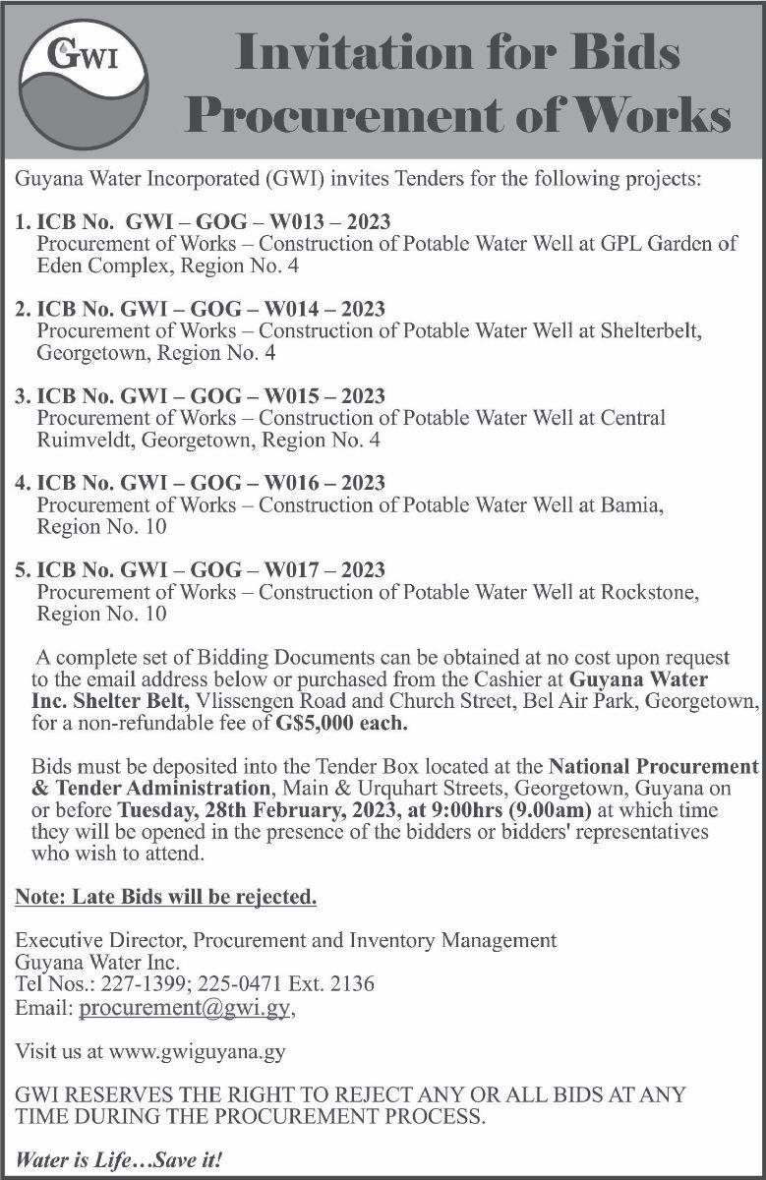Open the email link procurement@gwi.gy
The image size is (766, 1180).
(x=186, y=1008)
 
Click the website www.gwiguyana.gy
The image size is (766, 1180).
(x=198, y=1051)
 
